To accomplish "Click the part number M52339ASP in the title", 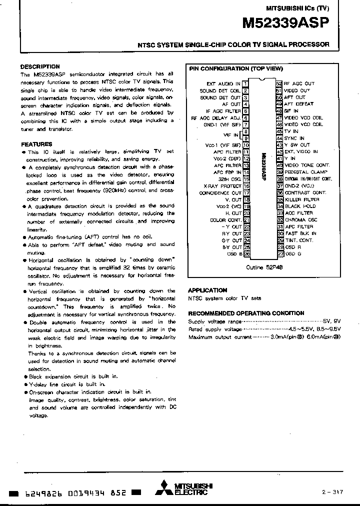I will point(285,22).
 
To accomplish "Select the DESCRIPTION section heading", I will point(40,66).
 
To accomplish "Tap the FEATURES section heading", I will point(36,144).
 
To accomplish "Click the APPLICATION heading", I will point(207,290).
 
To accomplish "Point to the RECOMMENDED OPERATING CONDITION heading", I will point(245,313).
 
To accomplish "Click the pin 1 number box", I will point(246,83).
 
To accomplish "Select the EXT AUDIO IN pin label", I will point(223,83).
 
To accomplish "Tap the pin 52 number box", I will point(279,83).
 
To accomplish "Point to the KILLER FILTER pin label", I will point(301,199).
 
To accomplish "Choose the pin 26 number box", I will point(246,254).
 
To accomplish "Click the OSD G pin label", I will point(293,254).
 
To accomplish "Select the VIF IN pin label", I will point(231,135).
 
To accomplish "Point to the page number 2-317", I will point(332,492).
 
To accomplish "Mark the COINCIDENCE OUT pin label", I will point(220,192).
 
